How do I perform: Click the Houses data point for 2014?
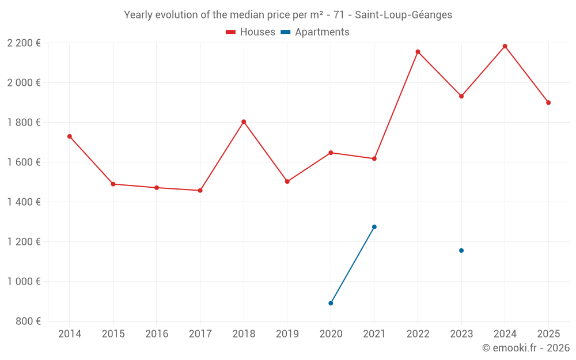(x=70, y=137)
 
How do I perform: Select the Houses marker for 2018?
(x=244, y=122)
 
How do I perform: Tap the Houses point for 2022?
(x=418, y=52)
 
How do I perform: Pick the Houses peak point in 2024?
(x=505, y=46)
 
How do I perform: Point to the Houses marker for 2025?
(x=548, y=103)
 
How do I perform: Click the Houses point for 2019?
(x=287, y=181)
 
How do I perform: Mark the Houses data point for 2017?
(x=200, y=190)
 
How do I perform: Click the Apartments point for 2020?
(x=331, y=303)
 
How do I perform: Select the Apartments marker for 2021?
(x=374, y=227)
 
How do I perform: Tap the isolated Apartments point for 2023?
(x=461, y=251)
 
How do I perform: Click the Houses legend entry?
(x=251, y=32)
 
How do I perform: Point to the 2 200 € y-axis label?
(x=24, y=43)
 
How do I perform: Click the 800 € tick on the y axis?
(x=29, y=321)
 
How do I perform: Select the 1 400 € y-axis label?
(x=24, y=202)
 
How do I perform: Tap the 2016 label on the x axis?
(x=157, y=334)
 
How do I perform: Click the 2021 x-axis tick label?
(x=374, y=334)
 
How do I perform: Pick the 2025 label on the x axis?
(x=548, y=334)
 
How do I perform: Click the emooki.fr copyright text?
(x=526, y=348)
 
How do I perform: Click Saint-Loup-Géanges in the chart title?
(x=400, y=15)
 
